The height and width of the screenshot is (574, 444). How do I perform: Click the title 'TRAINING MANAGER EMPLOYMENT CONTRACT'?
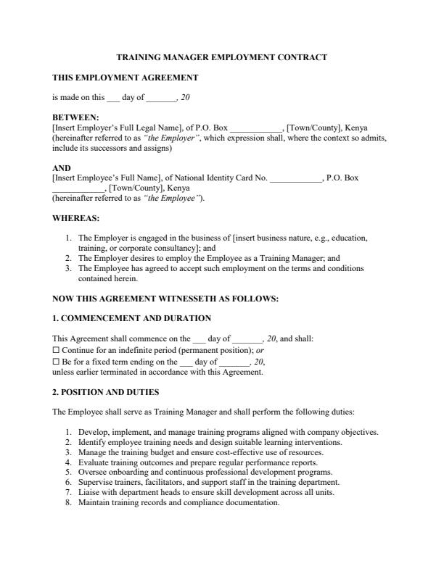pos(222,57)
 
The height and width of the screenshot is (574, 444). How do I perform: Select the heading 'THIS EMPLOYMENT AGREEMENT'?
pos(125,77)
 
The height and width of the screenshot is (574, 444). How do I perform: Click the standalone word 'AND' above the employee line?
pos(62,168)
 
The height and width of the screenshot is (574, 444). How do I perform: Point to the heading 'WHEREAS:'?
pos(76,217)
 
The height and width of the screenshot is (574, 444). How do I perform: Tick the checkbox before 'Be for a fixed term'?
pos(56,361)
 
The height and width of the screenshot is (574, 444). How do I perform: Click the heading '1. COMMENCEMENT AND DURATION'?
pos(132,318)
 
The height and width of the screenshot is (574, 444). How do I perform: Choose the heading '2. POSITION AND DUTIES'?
pos(106,393)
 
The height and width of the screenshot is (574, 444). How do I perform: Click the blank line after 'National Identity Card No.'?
pos(295,178)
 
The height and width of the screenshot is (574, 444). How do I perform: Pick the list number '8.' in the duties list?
pos(68,502)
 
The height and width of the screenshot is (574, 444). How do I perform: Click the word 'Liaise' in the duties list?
pos(89,492)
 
